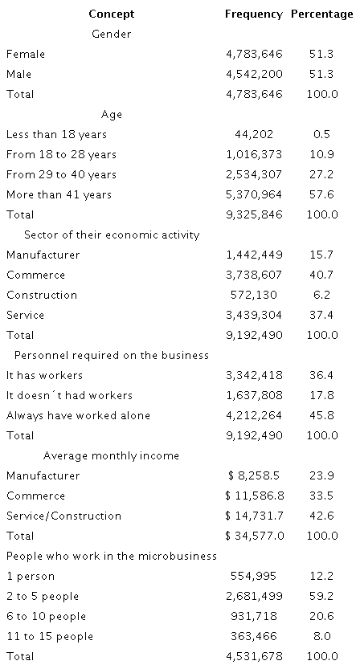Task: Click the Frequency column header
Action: point(253,14)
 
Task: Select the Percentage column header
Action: point(321,14)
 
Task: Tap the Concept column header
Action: point(112,14)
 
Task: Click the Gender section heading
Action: point(112,34)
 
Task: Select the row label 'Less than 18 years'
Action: point(56,134)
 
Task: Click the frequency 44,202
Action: point(263,134)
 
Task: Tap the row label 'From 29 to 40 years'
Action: point(61,174)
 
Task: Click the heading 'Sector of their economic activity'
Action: point(112,235)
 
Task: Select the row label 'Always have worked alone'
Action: point(78,415)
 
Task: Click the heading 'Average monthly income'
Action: point(111,455)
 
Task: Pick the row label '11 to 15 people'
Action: point(49,636)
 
